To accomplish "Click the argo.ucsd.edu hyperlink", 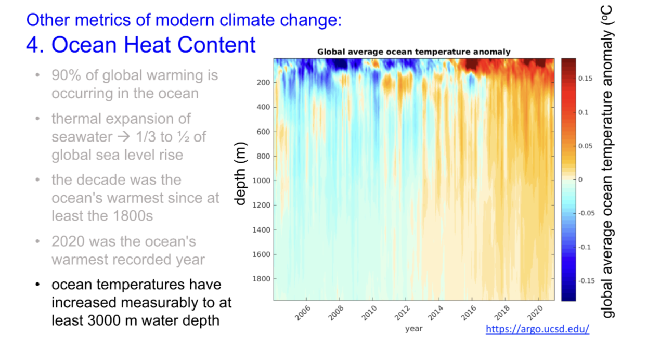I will pyautogui.click(x=537, y=329).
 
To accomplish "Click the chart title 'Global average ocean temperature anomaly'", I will pyautogui.click(x=413, y=52).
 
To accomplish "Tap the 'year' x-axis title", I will pyautogui.click(x=413, y=328).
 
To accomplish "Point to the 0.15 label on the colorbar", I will pyautogui.click(x=585, y=79).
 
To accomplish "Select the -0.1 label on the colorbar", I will pyautogui.click(x=584, y=247).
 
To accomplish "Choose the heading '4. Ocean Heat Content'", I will pyautogui.click(x=141, y=45).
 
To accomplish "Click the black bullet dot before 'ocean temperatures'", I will pyautogui.click(x=37, y=285).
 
